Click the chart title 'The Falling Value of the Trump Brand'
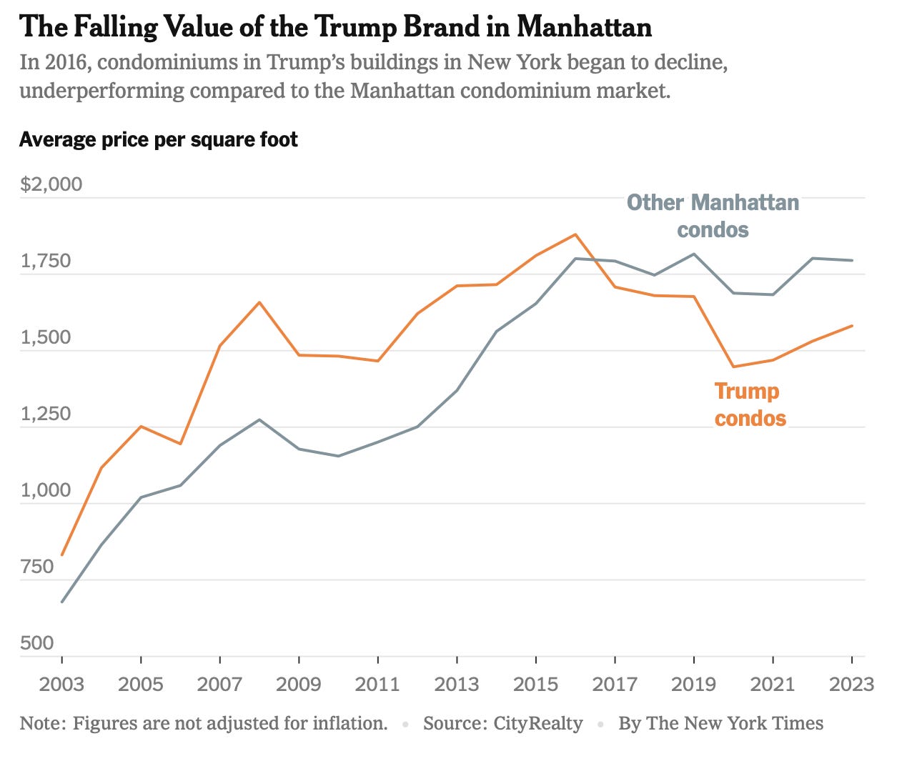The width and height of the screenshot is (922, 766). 335,27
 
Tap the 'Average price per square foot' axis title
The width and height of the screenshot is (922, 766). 158,139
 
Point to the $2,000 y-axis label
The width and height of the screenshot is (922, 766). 51,184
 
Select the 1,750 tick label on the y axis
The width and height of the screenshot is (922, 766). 46,261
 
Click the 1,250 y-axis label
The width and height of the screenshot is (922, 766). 46,414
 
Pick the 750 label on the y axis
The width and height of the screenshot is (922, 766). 37,567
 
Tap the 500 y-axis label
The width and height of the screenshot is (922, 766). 37,643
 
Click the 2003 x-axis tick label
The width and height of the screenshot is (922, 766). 61,684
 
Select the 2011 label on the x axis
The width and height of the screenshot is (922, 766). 377,684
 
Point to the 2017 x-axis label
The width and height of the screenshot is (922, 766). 615,684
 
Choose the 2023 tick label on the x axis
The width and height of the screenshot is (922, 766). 851,684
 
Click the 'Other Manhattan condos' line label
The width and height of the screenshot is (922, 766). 713,216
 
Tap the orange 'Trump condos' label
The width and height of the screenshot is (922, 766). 750,404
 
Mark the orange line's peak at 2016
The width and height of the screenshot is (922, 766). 575,234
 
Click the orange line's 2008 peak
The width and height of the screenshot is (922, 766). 259,302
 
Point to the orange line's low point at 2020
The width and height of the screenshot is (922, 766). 733,367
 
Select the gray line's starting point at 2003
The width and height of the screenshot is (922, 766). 62,602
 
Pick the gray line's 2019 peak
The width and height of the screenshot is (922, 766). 693,254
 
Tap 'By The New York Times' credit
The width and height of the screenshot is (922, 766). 720,723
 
